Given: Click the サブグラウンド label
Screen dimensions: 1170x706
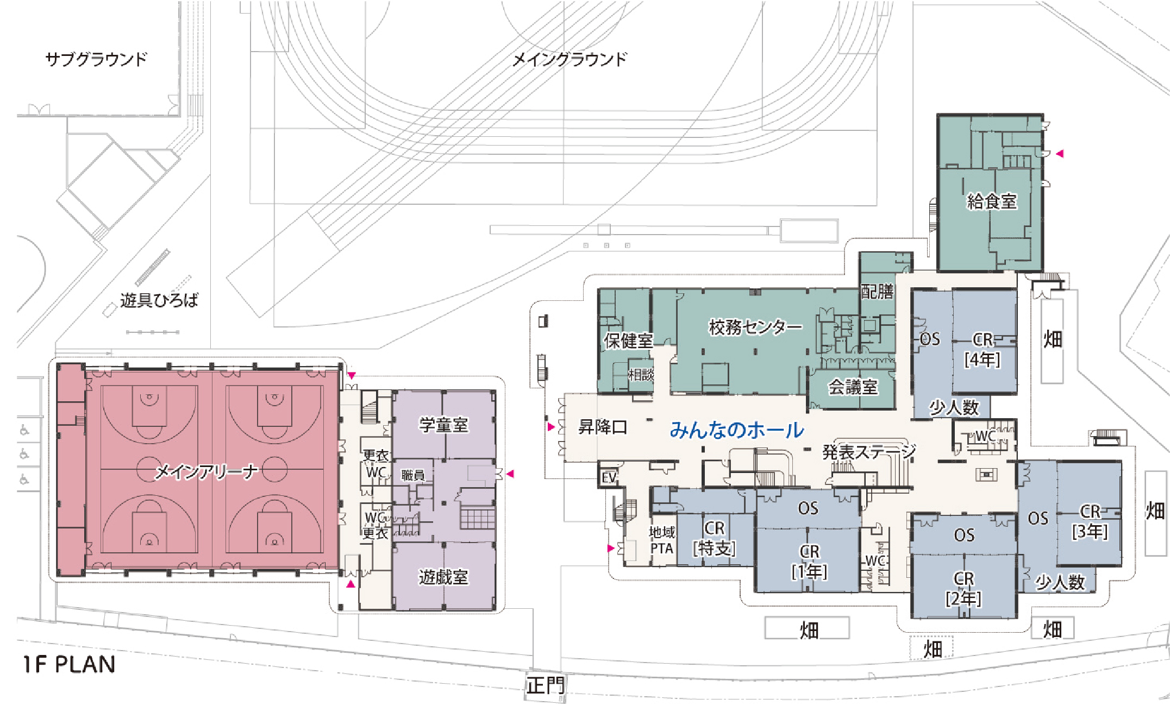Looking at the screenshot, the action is (96, 59).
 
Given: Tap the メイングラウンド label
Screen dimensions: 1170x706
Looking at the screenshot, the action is (570, 59).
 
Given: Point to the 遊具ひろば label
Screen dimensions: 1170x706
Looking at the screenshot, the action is (159, 300).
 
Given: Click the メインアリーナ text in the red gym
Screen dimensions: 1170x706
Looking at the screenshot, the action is (206, 472).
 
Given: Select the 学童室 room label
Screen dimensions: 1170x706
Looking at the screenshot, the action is (443, 425).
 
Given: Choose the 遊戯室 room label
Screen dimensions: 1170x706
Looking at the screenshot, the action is (443, 577).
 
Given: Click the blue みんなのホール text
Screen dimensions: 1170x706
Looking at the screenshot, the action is (736, 430).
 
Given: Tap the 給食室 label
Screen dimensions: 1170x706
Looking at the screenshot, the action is (992, 201).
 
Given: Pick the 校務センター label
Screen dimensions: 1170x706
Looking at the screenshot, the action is (755, 327).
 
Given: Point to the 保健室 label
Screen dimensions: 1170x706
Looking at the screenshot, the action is (628, 341).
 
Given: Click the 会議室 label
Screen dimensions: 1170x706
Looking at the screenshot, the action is (853, 387).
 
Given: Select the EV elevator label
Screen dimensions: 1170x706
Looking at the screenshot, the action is (609, 477).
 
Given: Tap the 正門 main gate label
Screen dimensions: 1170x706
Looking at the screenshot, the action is (545, 685).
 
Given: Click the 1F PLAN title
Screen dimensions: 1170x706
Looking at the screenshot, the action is (69, 664).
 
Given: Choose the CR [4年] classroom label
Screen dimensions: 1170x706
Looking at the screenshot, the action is (983, 350).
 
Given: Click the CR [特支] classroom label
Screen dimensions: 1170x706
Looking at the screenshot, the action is (714, 538).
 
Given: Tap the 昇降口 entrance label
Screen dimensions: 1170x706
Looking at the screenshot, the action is (603, 427).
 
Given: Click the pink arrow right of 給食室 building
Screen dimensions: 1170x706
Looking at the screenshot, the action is (1059, 154).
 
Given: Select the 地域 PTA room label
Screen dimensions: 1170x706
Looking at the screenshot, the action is (662, 540).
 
